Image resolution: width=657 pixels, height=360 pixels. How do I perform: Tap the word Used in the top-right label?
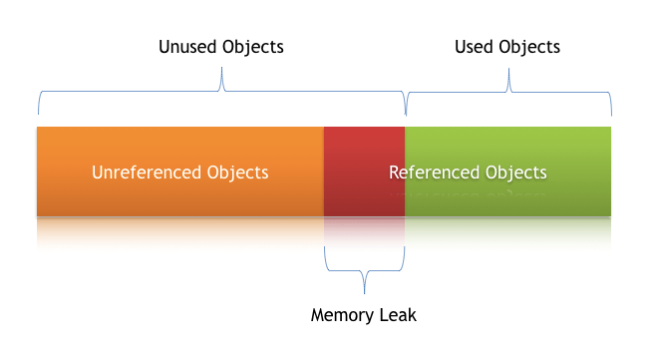click(476, 47)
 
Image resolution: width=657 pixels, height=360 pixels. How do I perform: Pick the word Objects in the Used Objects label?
click(530, 47)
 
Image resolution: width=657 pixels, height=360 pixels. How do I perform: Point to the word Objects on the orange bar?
click(238, 173)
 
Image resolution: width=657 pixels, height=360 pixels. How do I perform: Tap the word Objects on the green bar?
click(513, 173)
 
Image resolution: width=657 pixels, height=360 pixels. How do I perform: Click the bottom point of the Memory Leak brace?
click(365, 291)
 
